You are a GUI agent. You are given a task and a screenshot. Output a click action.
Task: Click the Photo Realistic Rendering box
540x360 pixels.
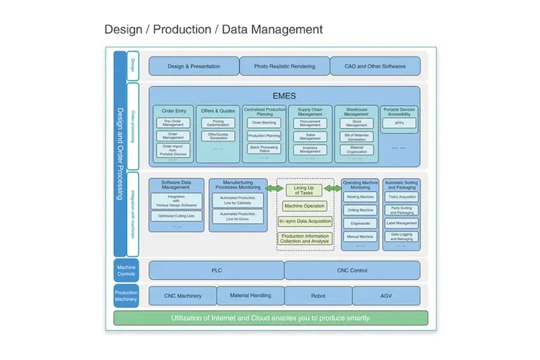tap(284, 66)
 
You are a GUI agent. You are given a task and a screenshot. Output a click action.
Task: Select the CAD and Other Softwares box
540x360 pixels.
tap(375, 66)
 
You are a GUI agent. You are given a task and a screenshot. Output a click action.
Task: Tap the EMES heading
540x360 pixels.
tap(284, 95)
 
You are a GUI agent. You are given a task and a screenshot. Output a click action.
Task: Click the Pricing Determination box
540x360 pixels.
tap(218, 122)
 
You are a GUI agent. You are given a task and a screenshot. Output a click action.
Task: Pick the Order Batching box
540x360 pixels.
tap(264, 122)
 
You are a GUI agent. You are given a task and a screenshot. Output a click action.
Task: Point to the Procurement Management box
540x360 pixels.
tap(310, 122)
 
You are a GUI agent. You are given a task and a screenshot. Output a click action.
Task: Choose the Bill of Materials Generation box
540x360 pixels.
tap(356, 136)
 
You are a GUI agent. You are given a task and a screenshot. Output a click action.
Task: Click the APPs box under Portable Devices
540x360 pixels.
tap(398, 122)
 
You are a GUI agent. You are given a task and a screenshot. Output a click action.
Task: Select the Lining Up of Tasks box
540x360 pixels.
tap(304, 190)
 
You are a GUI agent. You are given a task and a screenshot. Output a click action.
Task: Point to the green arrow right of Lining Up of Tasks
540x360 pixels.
tap(332, 188)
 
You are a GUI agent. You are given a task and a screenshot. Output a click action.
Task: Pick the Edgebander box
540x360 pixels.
tap(359, 223)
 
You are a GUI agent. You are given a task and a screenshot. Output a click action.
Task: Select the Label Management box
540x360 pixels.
tap(401, 223)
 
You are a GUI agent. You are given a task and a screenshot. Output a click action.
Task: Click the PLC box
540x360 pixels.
tap(216, 271)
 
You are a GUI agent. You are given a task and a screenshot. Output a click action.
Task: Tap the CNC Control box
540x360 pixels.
tap(352, 271)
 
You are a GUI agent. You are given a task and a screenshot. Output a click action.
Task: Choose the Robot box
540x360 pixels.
tap(318, 296)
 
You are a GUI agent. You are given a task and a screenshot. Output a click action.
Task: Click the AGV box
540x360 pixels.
tap(386, 296)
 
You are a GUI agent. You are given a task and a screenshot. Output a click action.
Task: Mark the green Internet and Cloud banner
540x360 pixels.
tap(270, 318)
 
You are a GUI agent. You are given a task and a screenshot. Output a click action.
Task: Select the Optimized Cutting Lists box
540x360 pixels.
tap(176, 215)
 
